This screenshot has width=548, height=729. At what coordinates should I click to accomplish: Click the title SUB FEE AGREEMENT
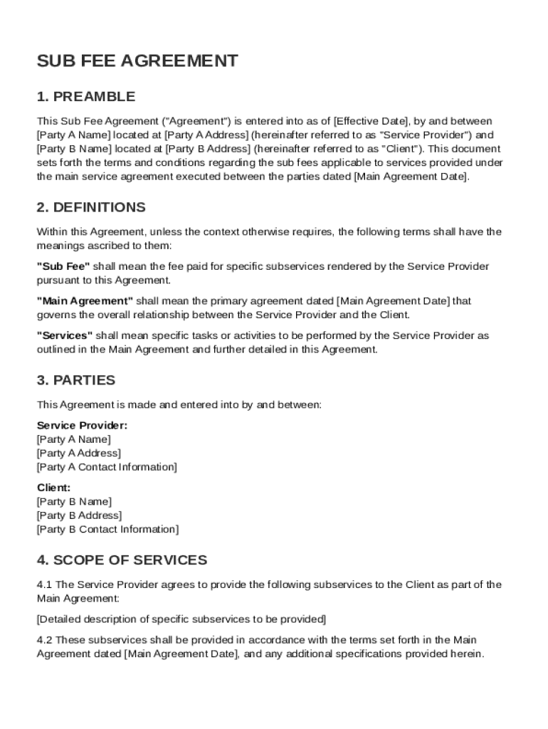(x=137, y=61)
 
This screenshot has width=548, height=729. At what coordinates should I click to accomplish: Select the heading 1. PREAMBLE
(x=85, y=97)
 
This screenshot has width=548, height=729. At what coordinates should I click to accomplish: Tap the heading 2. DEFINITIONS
(x=91, y=207)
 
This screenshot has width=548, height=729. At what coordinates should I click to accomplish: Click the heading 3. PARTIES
(x=75, y=380)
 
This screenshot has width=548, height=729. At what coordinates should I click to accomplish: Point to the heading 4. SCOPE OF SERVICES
(x=122, y=560)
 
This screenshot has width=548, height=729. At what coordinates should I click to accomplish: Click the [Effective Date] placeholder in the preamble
(x=373, y=121)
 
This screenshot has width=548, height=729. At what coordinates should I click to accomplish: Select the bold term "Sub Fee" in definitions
(x=63, y=266)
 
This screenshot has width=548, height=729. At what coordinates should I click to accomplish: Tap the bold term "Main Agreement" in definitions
(x=85, y=301)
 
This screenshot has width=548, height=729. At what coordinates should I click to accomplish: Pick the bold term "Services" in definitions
(x=65, y=335)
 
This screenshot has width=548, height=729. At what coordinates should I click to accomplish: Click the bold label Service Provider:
(x=83, y=426)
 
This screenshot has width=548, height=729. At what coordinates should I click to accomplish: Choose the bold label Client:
(x=53, y=488)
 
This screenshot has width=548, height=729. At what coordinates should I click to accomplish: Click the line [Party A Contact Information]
(x=107, y=467)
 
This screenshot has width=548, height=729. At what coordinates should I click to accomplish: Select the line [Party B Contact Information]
(x=107, y=529)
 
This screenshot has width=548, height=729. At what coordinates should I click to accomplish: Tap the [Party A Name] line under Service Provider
(x=74, y=439)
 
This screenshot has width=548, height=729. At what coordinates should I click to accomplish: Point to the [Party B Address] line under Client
(x=79, y=515)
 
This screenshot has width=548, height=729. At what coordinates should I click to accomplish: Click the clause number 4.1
(x=44, y=584)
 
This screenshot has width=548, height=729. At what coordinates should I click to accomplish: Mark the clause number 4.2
(x=44, y=639)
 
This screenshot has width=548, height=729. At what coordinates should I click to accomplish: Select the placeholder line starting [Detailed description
(x=181, y=619)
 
